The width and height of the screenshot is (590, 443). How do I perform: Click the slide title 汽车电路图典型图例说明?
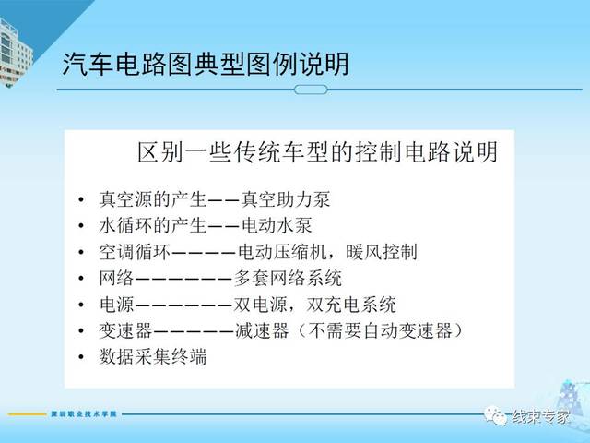(x=206, y=64)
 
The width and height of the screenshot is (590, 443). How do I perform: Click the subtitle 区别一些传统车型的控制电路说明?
(x=317, y=152)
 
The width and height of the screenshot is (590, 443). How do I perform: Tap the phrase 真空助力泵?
(x=286, y=199)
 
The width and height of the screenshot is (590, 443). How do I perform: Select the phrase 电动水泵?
(x=277, y=225)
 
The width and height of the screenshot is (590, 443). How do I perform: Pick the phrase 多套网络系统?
(x=288, y=279)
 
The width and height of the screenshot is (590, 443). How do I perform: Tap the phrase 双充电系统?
(x=351, y=305)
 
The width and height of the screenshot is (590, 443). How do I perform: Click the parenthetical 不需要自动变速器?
(x=380, y=330)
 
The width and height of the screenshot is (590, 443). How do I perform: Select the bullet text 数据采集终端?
(x=153, y=357)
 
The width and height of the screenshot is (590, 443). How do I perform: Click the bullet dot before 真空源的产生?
(x=81, y=199)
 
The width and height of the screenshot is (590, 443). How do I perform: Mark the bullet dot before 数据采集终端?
(x=81, y=357)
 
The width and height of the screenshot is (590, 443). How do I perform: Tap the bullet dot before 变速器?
(x=81, y=331)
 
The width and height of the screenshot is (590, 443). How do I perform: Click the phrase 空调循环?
(x=135, y=252)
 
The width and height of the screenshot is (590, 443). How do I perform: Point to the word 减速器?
(x=262, y=330)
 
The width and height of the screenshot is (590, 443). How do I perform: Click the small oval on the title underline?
(x=311, y=90)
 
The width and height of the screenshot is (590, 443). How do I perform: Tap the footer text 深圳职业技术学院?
(x=84, y=414)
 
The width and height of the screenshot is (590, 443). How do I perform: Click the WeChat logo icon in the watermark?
(x=496, y=415)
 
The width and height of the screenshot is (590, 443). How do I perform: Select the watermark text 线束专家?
(x=540, y=416)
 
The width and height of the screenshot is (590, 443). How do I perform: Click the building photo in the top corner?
(x=15, y=53)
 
